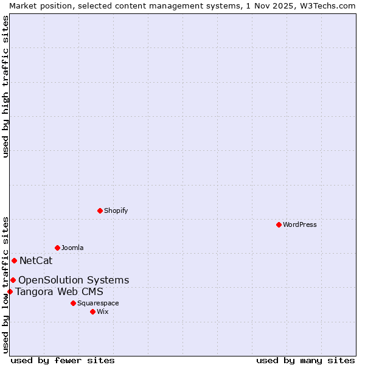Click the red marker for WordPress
click(x=279, y=224)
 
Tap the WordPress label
click(x=299, y=224)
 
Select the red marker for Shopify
click(x=100, y=210)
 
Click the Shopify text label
click(x=116, y=210)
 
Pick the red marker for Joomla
click(x=57, y=248)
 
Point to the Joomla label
click(x=72, y=248)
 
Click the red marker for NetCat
click(x=14, y=260)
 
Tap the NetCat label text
click(x=36, y=261)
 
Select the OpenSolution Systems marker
click(x=13, y=280)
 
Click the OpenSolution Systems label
click(x=74, y=280)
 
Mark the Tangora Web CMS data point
click(x=10, y=291)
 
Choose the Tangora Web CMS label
click(x=59, y=291)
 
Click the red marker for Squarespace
click(x=73, y=303)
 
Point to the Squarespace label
click(x=98, y=303)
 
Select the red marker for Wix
click(x=92, y=311)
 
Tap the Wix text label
click(x=103, y=311)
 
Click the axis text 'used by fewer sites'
click(x=63, y=360)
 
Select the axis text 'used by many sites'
click(x=305, y=360)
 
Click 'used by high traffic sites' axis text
click(x=5, y=86)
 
